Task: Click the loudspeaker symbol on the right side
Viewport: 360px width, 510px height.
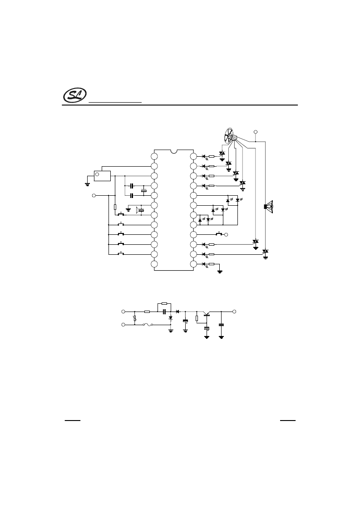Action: [x=268, y=207]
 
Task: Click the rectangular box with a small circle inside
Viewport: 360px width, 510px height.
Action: [x=102, y=175]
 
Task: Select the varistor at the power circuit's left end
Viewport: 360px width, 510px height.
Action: [x=134, y=319]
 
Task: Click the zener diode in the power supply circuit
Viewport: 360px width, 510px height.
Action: [x=171, y=319]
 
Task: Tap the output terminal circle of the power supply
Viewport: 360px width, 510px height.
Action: [x=234, y=311]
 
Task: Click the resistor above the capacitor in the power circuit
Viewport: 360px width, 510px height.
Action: [x=164, y=304]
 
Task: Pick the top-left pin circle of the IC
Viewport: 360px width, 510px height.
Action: [x=154, y=157]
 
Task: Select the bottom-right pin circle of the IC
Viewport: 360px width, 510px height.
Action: [x=193, y=264]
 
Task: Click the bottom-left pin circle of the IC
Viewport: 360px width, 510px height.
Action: [x=154, y=264]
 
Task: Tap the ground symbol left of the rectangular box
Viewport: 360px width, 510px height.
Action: [x=87, y=184]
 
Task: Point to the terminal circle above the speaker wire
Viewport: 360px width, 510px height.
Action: [x=256, y=132]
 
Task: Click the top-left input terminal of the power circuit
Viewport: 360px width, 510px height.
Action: [x=123, y=311]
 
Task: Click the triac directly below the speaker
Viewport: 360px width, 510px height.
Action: [x=266, y=252]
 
